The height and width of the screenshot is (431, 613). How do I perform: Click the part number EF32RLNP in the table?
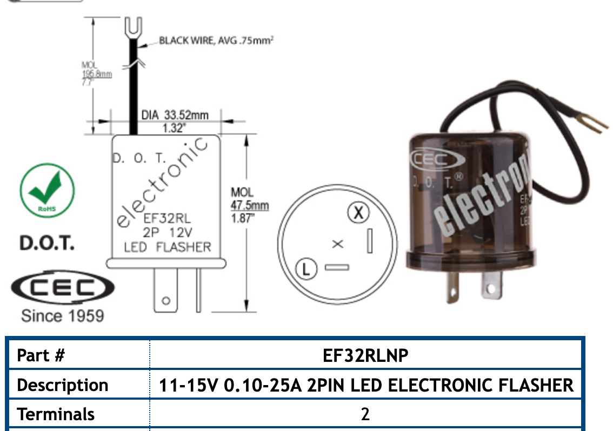[365, 355]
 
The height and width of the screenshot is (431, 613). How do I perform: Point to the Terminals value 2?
[365, 414]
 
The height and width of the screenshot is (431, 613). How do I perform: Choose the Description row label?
[63, 385]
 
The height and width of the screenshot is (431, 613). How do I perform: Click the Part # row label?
[41, 355]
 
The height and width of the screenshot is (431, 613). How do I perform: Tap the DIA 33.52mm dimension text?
[174, 115]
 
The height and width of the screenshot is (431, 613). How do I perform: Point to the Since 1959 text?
[62, 315]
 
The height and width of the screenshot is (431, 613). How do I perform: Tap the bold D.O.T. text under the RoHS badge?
[47, 243]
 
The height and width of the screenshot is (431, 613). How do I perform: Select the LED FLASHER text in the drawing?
[167, 247]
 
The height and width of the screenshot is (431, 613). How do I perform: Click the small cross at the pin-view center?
[337, 244]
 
